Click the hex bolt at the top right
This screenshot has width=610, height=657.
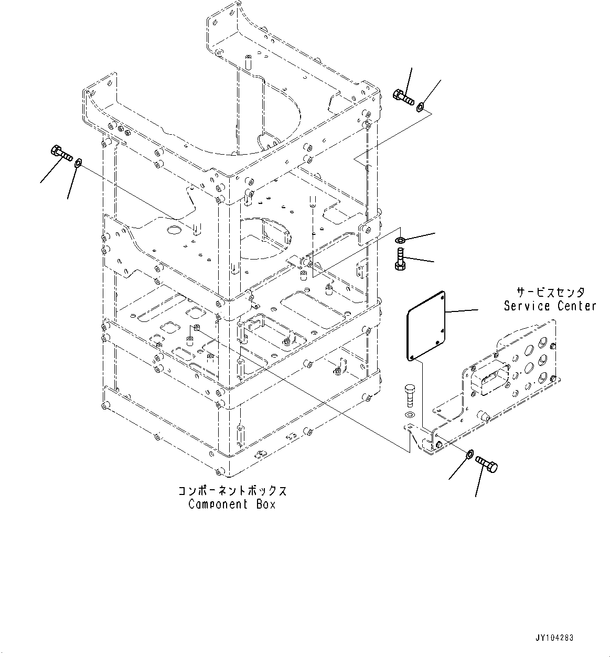tap(402, 97)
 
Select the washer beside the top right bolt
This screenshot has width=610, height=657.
tap(420, 108)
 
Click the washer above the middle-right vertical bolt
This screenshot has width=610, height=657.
tap(400, 240)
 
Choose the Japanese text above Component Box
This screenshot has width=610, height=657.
tap(232, 491)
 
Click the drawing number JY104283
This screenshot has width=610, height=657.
tap(554, 638)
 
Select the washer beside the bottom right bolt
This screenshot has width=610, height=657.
tap(470, 453)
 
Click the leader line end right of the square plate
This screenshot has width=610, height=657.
tap(477, 310)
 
